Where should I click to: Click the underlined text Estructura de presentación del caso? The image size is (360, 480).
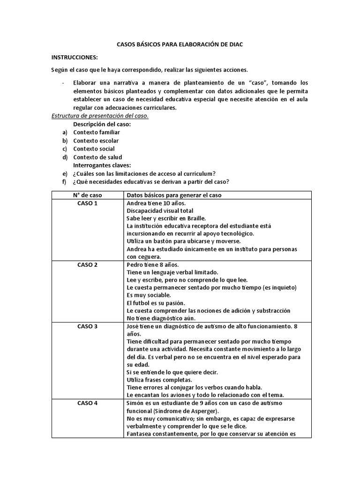(x=100, y=116)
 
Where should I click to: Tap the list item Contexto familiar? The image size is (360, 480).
(x=97, y=132)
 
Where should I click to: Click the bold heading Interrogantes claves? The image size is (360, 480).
(x=102, y=165)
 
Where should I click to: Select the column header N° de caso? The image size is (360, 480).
(x=87, y=195)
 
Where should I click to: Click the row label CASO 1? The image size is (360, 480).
(x=87, y=203)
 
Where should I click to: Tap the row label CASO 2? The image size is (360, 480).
(x=87, y=265)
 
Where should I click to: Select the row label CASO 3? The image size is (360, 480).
(x=87, y=326)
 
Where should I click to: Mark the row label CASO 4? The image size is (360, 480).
(x=87, y=403)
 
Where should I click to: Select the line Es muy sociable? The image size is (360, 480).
(x=149, y=295)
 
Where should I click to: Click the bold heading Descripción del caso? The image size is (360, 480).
(x=102, y=124)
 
